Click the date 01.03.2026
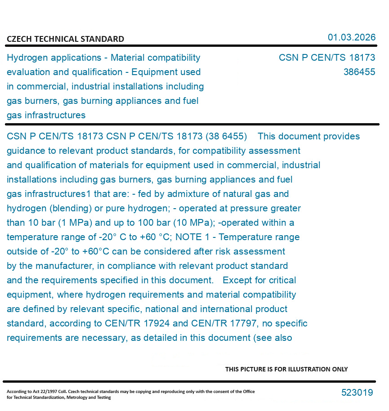coord(351,37)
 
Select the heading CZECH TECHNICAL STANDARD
coord(65,39)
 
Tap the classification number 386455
coord(359,72)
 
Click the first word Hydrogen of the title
coord(29,58)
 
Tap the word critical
coord(282,280)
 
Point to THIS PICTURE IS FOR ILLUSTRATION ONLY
coord(286,369)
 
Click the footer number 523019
coord(357,393)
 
